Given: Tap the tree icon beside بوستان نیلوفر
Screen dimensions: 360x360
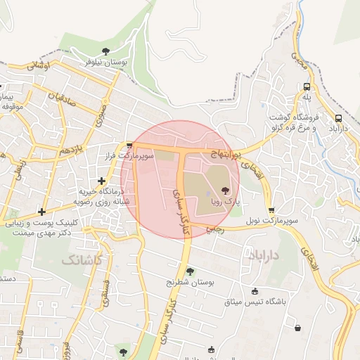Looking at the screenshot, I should click(x=105, y=51).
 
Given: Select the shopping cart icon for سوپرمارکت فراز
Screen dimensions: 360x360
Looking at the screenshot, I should click(x=128, y=146).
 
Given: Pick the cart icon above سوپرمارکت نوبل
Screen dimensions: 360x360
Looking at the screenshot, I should click(x=271, y=210).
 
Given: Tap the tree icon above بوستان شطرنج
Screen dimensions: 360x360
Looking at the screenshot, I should click(x=190, y=271).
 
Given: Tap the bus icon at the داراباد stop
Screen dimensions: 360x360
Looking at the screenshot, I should click(x=339, y=119).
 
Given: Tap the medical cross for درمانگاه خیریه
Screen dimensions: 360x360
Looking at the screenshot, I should click(x=102, y=180).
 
